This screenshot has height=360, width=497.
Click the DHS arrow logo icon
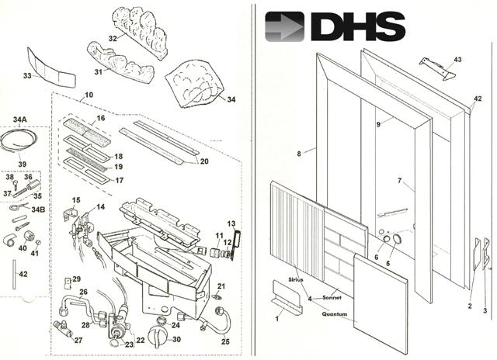284,26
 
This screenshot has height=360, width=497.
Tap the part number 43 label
457,60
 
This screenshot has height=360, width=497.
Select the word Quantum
335,314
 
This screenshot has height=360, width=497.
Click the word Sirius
296,279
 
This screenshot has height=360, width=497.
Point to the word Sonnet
332,298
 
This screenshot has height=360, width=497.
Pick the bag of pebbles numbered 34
194,84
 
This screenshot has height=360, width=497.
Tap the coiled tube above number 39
19,141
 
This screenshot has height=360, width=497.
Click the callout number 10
89,95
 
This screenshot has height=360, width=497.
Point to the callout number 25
225,341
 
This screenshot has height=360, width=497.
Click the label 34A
19,119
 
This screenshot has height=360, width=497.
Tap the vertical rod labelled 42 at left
14,274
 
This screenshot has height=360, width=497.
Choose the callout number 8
299,154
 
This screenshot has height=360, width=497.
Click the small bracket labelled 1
287,298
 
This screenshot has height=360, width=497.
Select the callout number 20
204,161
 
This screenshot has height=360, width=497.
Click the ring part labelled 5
397,239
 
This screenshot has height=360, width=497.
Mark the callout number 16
101,118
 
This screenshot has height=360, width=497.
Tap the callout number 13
231,224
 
